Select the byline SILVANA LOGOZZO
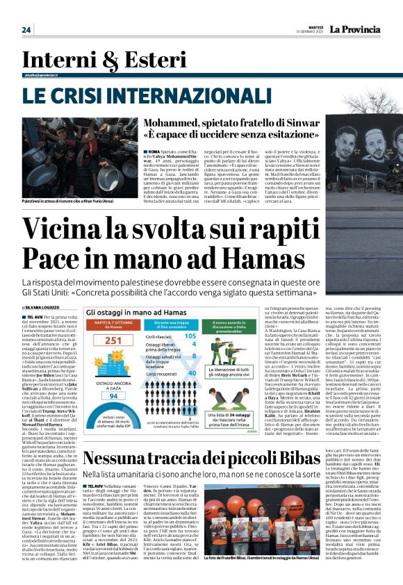point(43,306)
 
